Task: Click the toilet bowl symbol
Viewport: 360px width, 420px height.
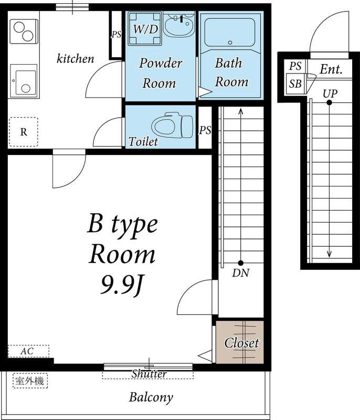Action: click(x=172, y=125)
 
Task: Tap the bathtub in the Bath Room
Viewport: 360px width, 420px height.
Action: click(x=230, y=33)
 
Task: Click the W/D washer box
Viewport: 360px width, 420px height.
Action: click(x=145, y=28)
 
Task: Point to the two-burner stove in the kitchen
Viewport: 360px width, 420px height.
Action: click(x=24, y=31)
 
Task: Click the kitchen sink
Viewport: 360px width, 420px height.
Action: click(x=24, y=81)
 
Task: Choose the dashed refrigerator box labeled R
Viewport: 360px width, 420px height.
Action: click(x=24, y=132)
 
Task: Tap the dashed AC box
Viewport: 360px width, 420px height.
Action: click(x=28, y=351)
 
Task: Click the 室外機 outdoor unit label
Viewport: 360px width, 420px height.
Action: click(x=30, y=381)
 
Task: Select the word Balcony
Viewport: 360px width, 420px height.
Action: click(x=151, y=397)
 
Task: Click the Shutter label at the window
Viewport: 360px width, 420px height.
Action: click(x=149, y=374)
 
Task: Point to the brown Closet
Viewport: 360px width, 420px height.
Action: click(x=240, y=342)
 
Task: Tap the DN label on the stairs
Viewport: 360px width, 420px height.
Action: click(x=241, y=273)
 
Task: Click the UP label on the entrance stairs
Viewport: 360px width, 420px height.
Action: click(x=330, y=94)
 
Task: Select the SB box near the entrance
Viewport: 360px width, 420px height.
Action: click(x=295, y=84)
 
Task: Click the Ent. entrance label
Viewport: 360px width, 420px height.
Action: click(x=331, y=69)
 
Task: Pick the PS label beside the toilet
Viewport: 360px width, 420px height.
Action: click(x=205, y=130)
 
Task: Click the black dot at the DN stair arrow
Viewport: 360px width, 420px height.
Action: click(x=241, y=263)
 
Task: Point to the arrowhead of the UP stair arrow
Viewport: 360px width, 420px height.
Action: click(x=330, y=254)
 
